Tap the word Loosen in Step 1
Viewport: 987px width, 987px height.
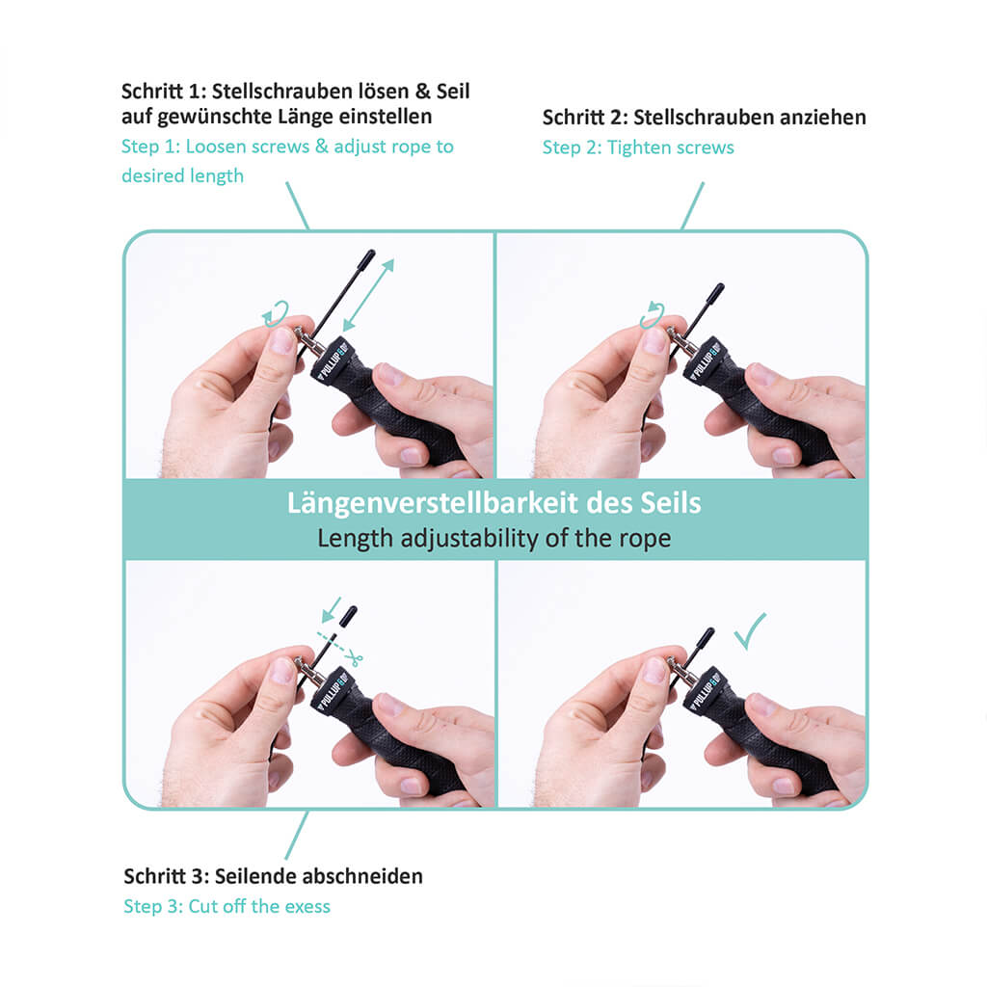click(215, 147)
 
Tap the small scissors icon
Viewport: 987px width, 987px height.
click(354, 658)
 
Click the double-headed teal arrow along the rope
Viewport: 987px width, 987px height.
click(368, 295)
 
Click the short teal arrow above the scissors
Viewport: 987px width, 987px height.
click(331, 610)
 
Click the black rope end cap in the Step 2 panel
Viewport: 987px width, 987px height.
click(716, 291)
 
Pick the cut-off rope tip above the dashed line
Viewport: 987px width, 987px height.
click(348, 616)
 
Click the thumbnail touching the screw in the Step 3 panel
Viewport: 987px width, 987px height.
click(282, 670)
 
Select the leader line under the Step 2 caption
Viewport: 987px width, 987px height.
click(692, 206)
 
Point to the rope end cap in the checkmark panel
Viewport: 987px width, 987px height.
click(707, 637)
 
